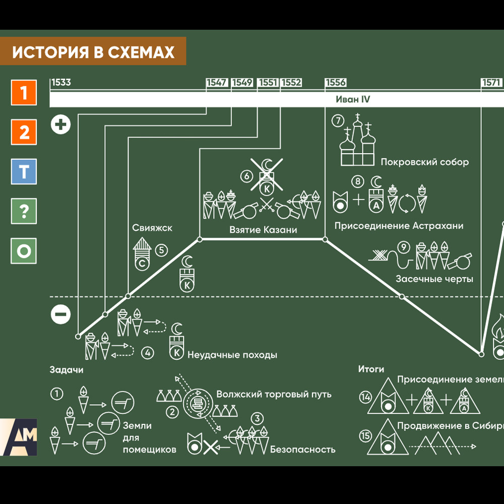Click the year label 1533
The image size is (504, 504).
(61, 83)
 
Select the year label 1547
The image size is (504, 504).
(217, 83)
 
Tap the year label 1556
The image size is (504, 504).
(336, 83)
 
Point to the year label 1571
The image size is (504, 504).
(491, 83)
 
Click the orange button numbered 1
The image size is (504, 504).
(24, 93)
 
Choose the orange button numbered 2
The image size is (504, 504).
(24, 133)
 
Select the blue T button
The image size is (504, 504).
(24, 172)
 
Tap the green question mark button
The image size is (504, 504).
(24, 211)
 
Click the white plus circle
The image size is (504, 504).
(61, 124)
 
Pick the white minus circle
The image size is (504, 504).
(61, 315)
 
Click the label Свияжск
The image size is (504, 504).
(152, 228)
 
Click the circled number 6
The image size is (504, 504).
(246, 176)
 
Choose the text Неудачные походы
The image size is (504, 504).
(232, 355)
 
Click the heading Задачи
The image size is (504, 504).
(67, 370)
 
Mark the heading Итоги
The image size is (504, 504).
(371, 369)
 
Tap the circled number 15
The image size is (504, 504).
(365, 434)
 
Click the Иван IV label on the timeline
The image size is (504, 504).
(353, 99)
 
